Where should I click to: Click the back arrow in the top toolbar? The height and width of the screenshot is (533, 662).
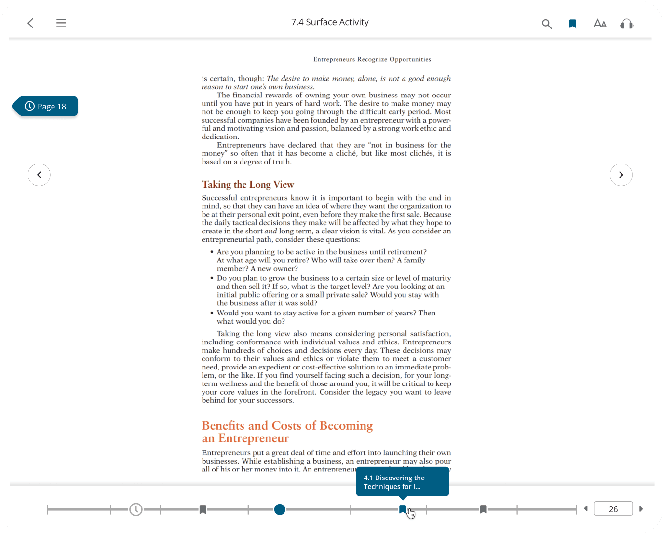(x=30, y=23)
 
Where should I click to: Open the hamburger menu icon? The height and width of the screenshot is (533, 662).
(x=61, y=23)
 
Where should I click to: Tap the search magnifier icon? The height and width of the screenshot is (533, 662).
(x=546, y=24)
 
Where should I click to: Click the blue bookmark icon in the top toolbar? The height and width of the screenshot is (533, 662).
(x=573, y=24)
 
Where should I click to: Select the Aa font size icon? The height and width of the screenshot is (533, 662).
(x=600, y=24)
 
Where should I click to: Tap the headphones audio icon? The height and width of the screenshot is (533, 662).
(x=626, y=24)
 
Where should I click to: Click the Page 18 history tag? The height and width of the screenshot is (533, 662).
(x=46, y=107)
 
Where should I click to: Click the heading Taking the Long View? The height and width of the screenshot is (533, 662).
(x=248, y=185)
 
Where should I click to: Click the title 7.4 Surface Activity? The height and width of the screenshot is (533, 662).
(x=330, y=22)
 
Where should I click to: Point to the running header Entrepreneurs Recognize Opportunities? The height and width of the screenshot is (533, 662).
(x=372, y=59)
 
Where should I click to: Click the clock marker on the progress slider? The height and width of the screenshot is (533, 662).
(x=136, y=509)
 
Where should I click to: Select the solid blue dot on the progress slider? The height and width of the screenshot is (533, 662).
(x=280, y=509)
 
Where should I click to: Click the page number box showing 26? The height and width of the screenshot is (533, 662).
(x=613, y=509)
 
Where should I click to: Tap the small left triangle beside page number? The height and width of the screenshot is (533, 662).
(x=586, y=508)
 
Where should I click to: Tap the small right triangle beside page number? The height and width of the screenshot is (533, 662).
(x=641, y=509)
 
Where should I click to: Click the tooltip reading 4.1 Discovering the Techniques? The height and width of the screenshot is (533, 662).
(x=402, y=482)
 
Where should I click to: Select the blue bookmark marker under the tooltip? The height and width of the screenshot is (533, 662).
(x=403, y=509)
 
